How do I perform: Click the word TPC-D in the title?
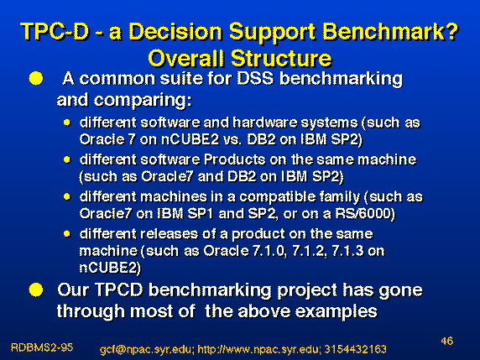click(55, 31)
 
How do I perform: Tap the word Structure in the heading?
click(281, 58)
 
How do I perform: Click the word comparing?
click(143, 101)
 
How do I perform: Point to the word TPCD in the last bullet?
click(119, 290)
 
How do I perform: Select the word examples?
click(337, 311)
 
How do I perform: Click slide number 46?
click(447, 341)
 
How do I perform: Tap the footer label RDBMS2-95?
click(42, 347)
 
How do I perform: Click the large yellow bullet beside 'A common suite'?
click(36, 78)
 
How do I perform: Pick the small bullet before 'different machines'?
click(67, 197)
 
